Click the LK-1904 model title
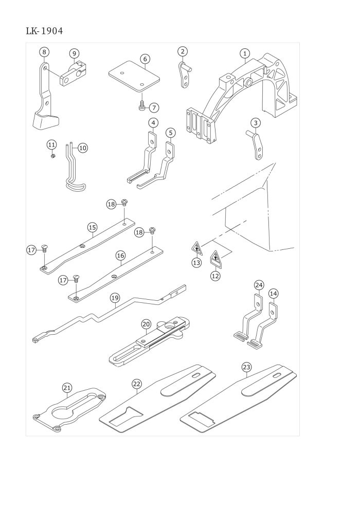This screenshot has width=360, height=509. (x=44, y=31)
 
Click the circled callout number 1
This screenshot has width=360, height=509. (x=245, y=53)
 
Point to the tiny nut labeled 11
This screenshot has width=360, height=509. (x=53, y=156)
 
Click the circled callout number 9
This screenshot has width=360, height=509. (x=74, y=53)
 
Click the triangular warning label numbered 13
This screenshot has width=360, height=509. (x=197, y=249)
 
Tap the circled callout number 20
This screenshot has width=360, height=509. (x=146, y=324)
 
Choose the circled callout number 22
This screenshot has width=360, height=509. (x=136, y=384)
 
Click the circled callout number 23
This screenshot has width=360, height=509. (x=246, y=367)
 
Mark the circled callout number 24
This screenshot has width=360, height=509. (x=259, y=285)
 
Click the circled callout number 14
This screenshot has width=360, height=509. (x=273, y=294)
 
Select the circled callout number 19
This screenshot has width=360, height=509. (x=115, y=298)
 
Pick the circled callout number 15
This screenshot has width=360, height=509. (x=92, y=227)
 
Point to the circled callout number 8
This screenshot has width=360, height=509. (x=44, y=52)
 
